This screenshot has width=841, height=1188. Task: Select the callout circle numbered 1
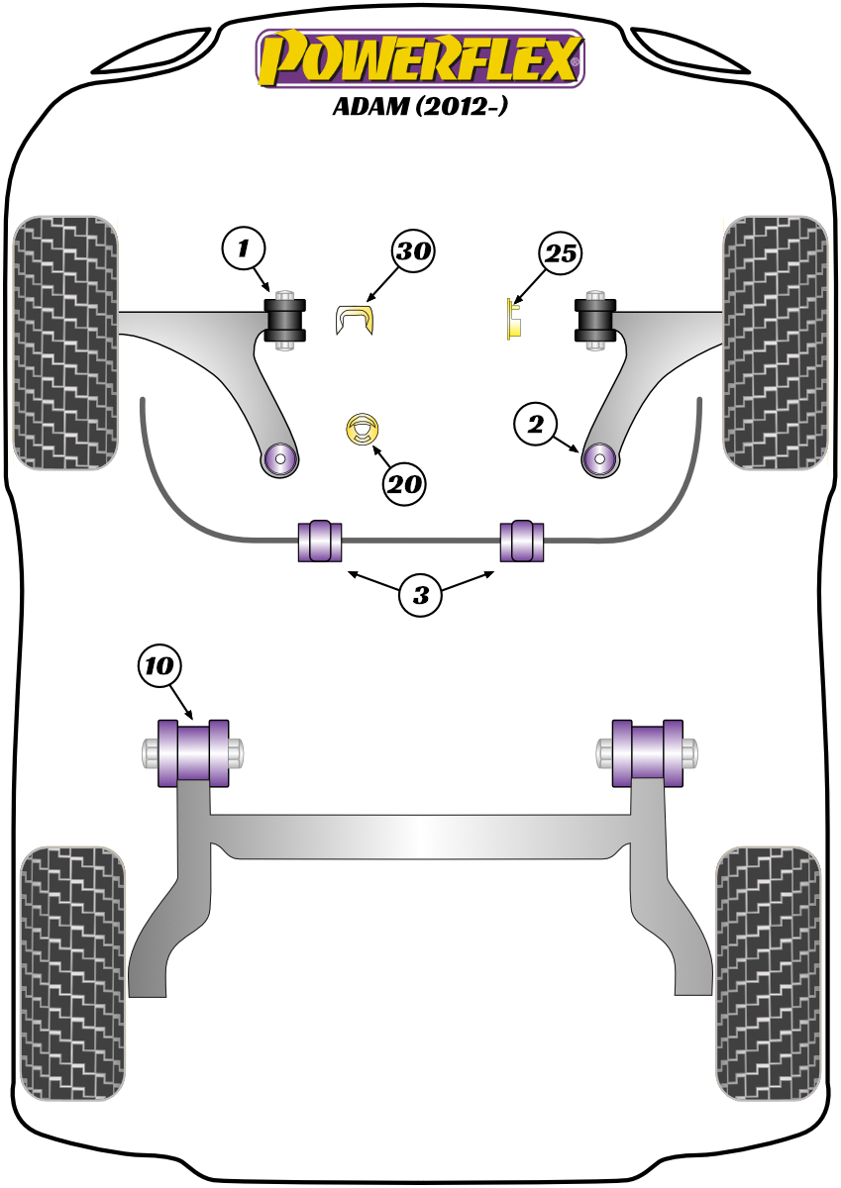pos(245,248)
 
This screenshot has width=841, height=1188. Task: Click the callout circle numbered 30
pos(413,251)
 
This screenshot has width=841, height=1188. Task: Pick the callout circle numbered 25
pos(560,254)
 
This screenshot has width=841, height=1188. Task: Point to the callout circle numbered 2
pos(536,425)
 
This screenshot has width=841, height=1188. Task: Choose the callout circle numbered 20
pos(405,484)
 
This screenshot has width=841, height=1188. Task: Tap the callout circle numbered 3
pos(421,595)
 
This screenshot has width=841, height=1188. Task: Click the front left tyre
pos(66,343)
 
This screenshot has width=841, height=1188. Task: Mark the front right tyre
pos(775,343)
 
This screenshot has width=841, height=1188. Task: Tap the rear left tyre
pos(73,972)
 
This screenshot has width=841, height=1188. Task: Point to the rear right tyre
pos(768,972)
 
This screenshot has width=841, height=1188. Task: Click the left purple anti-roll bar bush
pos(319,540)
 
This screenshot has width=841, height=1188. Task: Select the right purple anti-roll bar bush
pos(522,540)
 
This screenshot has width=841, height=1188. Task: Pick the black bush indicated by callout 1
pos(286,318)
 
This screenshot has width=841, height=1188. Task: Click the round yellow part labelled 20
pos(364,430)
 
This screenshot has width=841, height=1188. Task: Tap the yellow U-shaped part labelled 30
pos(356,320)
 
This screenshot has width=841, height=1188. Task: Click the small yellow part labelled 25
pos(514,319)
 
